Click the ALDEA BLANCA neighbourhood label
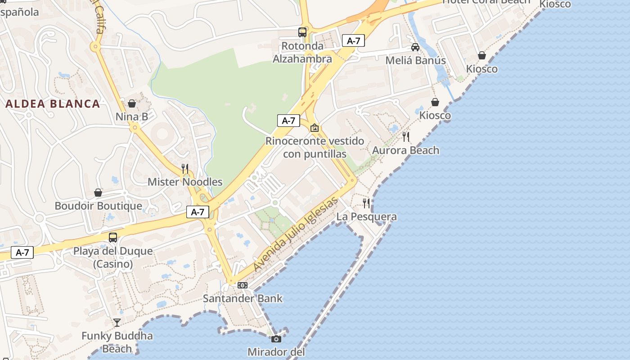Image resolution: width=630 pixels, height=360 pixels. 53,103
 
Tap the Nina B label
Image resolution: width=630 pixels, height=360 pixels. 132,117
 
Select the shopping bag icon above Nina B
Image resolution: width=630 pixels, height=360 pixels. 132,103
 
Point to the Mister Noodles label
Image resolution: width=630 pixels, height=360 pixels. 185,182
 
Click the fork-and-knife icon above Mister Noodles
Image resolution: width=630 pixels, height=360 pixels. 185,169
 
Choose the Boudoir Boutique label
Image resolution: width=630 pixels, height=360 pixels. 98,206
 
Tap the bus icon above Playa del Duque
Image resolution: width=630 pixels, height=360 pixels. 113,237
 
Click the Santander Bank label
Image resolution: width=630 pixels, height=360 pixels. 243,298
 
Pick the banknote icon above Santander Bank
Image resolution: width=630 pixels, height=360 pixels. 243,285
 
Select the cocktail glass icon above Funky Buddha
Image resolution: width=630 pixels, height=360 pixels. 117,322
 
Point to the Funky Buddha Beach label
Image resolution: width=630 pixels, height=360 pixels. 117,342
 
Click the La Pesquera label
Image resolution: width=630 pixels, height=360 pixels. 367,217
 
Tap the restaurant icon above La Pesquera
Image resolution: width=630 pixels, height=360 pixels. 367,203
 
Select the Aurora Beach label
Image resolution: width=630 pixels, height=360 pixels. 406,150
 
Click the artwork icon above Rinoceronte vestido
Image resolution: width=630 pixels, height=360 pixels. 315,128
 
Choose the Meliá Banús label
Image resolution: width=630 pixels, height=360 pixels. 416,60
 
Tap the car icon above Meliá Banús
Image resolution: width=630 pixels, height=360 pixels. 415,47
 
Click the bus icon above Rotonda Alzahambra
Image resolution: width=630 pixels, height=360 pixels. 302,32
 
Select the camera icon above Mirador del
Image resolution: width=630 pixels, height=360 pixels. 276,339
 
